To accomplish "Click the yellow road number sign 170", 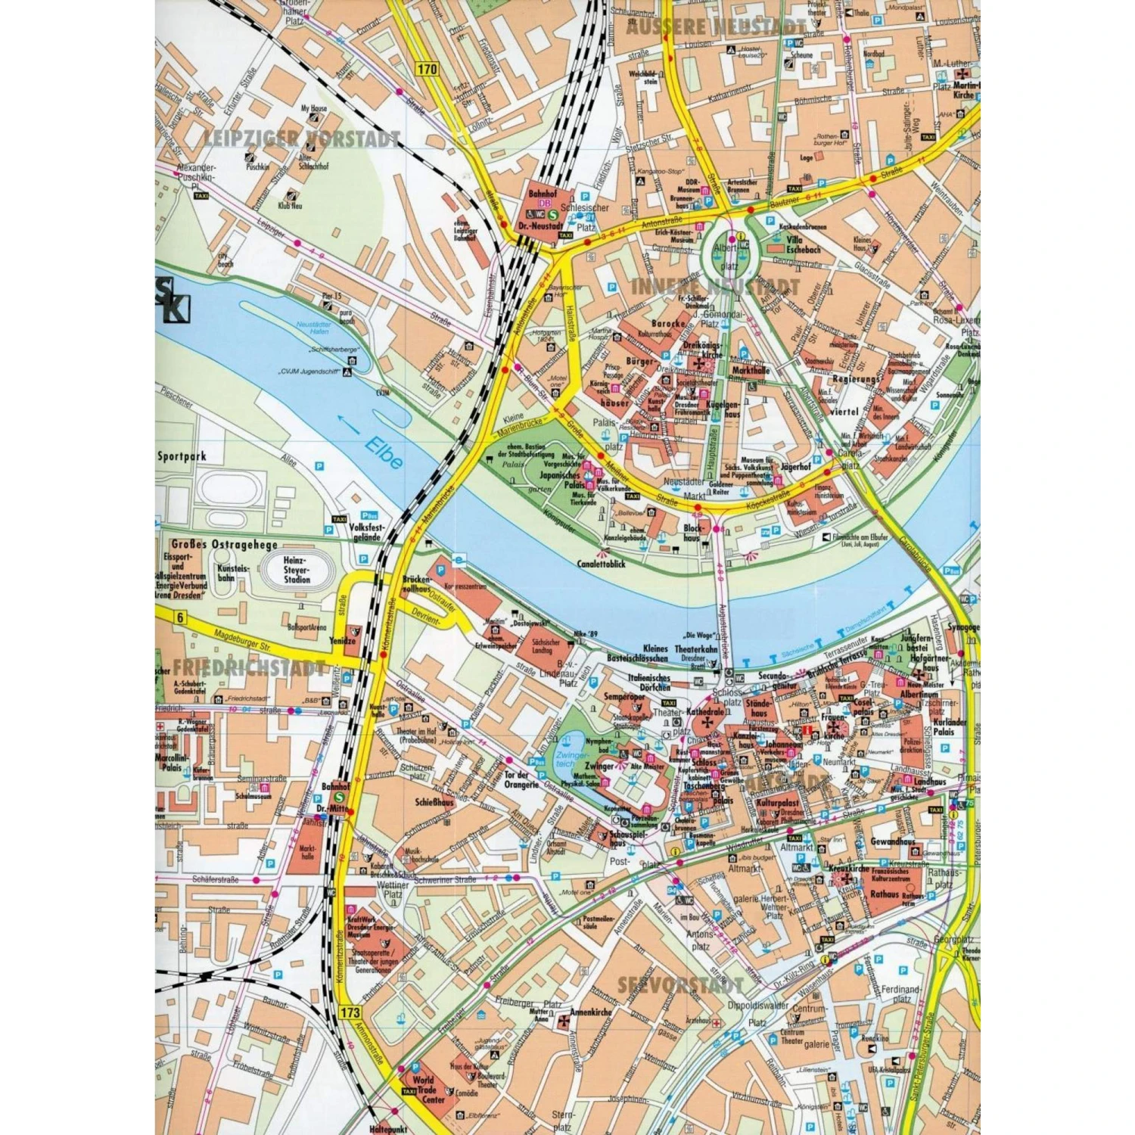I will coord(427,69).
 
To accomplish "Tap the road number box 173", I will coord(350,1012).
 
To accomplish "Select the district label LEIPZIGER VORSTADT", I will coord(301,138).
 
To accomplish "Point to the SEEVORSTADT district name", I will coord(680,985).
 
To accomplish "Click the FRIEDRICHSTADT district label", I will coord(249,669).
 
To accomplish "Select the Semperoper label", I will coord(623,696).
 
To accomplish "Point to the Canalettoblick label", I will coord(601,564).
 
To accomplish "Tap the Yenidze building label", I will coord(343,641).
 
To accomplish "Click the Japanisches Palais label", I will coord(560,480).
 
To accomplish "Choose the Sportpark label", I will coord(182,456).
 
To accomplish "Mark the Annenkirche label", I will coord(591,1012).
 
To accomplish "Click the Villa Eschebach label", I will coord(803,244).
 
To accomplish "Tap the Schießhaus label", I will coord(434,802).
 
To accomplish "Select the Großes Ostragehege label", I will coord(213,545).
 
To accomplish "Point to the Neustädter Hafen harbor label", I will coord(314,328).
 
